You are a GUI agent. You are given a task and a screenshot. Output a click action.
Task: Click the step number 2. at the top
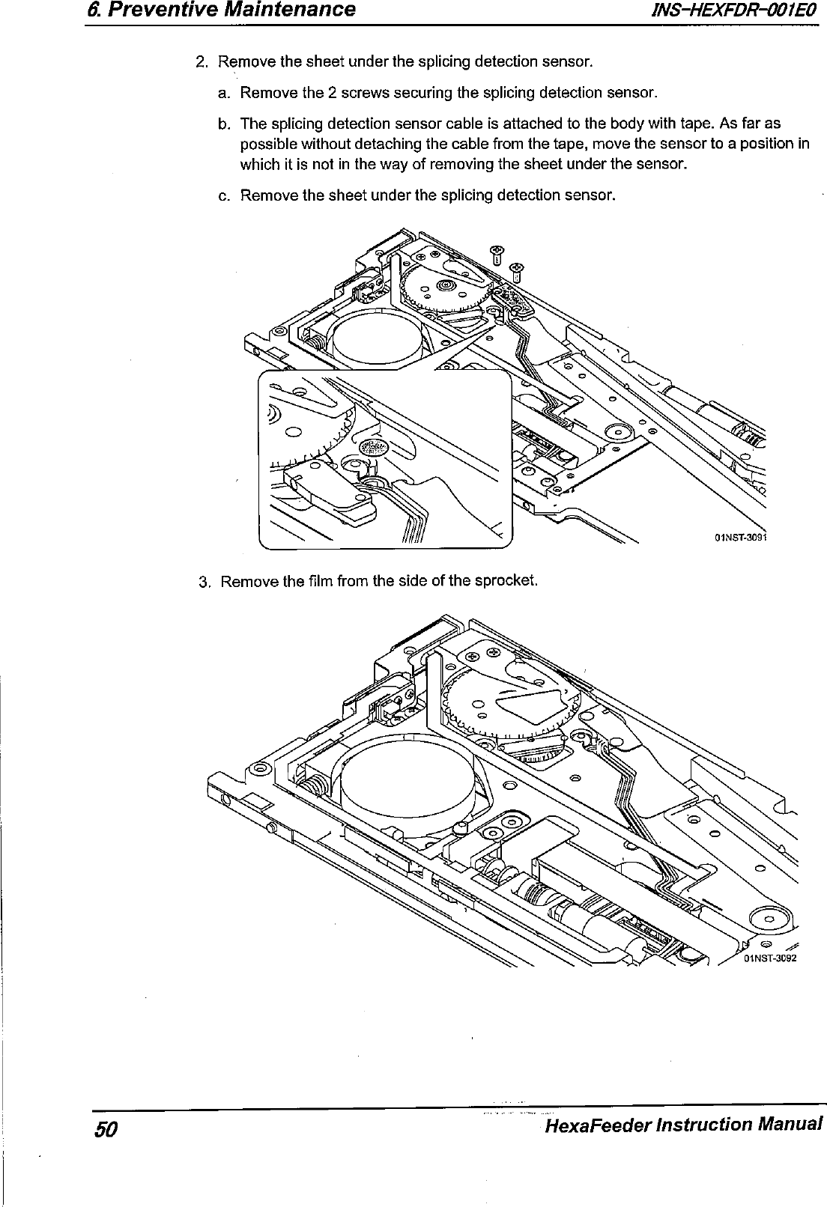pos(201,61)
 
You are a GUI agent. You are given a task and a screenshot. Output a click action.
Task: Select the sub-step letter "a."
pos(225,94)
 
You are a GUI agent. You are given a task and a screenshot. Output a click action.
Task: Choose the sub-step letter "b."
pos(225,124)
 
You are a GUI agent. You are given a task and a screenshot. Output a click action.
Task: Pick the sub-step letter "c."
pos(225,196)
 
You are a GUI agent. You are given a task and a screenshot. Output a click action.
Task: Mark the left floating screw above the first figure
pos(495,253)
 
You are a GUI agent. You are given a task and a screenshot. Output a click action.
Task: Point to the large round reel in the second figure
pos(405,785)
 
